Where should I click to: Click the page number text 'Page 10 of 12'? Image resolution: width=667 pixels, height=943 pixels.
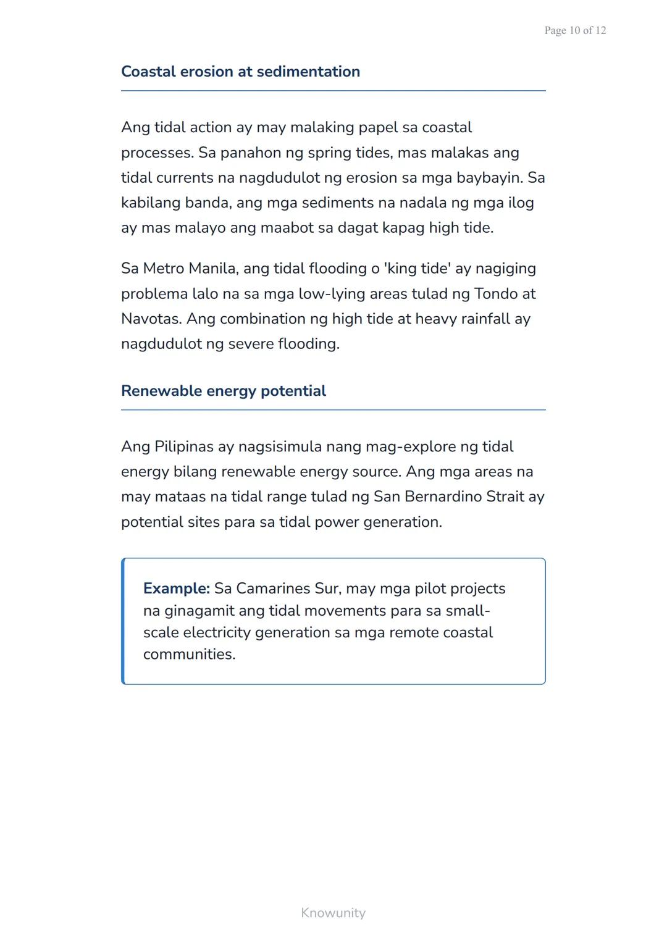[x=575, y=30]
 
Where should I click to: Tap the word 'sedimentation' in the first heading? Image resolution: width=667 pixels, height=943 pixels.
[x=308, y=72]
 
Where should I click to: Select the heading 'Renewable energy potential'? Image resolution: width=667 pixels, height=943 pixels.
[x=224, y=391]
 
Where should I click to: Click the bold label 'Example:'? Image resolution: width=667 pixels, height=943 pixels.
[x=177, y=589]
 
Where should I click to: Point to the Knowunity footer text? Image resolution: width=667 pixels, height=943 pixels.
[x=333, y=913]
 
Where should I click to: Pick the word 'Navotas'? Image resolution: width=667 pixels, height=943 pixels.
[x=150, y=319]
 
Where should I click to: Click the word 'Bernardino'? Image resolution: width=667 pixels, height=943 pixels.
[x=442, y=497]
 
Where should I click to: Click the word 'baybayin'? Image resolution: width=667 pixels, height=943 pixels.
[x=489, y=178]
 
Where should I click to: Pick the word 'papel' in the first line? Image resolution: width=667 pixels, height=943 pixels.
[x=378, y=128]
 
